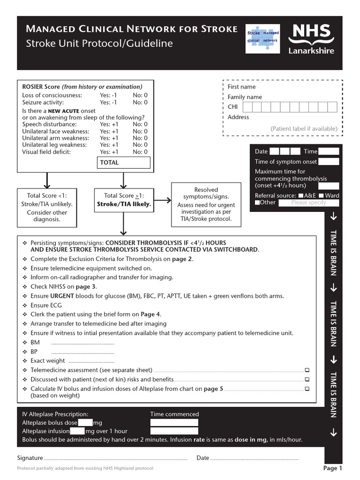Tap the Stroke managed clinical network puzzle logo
tap(262, 37)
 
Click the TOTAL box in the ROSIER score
tap(124, 163)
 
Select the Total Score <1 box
tap(47, 206)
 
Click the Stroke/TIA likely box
tap(124, 200)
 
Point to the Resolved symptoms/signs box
tap(206, 204)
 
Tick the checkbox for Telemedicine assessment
tap(307, 370)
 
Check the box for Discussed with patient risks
tap(307, 379)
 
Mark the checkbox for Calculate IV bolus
tap(307, 389)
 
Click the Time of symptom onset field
tap(329, 162)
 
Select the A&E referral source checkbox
tap(301, 195)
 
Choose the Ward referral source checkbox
tap(321, 195)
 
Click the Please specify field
tap(308, 202)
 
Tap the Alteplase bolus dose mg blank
tap(86, 423)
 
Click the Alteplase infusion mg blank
tap(77, 431)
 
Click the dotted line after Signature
tap(115, 458)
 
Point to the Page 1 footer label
tap(333, 468)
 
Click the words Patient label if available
tap(304, 128)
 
